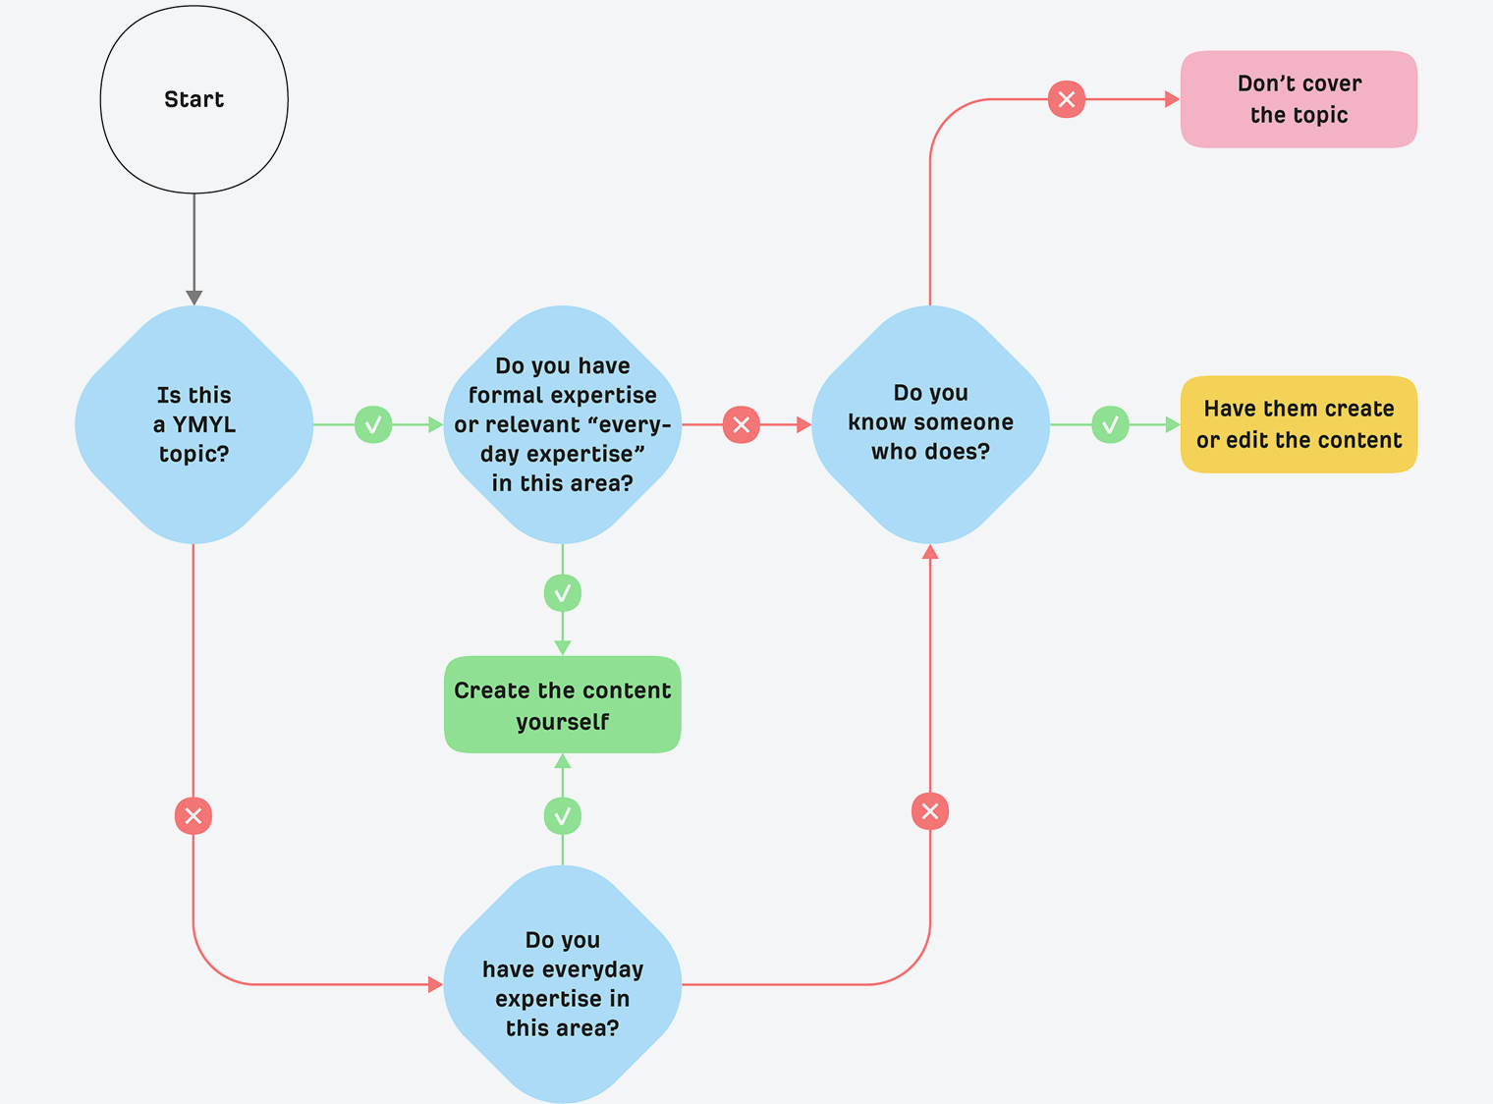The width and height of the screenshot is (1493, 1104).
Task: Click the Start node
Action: pos(194,99)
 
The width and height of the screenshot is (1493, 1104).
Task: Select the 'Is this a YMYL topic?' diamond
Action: pos(194,424)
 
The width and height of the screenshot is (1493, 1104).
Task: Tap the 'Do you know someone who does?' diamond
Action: pos(930,424)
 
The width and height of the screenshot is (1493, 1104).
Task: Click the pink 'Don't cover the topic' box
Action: pos(1299,99)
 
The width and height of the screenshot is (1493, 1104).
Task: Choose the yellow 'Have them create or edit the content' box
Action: pos(1299,424)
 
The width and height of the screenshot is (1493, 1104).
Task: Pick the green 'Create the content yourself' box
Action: pos(562,705)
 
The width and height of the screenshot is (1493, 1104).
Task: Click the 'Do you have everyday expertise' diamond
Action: pos(562,984)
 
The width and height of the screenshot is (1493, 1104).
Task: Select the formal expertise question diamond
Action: pos(562,424)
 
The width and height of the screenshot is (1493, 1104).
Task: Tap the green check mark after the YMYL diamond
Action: pos(373,424)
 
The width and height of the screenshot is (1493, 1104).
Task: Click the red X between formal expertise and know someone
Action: pos(742,424)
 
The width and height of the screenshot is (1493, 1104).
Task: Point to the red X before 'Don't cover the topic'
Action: pos(1067,99)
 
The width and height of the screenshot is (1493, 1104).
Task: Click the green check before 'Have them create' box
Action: pos(1110,424)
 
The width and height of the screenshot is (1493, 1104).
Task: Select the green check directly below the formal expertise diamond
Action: pos(562,593)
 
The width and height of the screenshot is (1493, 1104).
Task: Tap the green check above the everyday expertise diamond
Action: pos(562,815)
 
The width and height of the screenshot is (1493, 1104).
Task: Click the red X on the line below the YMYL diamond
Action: pos(194,815)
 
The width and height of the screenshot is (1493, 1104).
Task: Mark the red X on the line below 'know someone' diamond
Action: pos(930,811)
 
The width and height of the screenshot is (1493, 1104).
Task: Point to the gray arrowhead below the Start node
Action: pos(194,297)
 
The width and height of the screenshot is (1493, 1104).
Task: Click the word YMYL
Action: pos(204,424)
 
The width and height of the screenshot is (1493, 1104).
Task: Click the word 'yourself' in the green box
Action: pos(562,722)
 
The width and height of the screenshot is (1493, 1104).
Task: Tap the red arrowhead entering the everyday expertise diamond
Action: pos(435,984)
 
